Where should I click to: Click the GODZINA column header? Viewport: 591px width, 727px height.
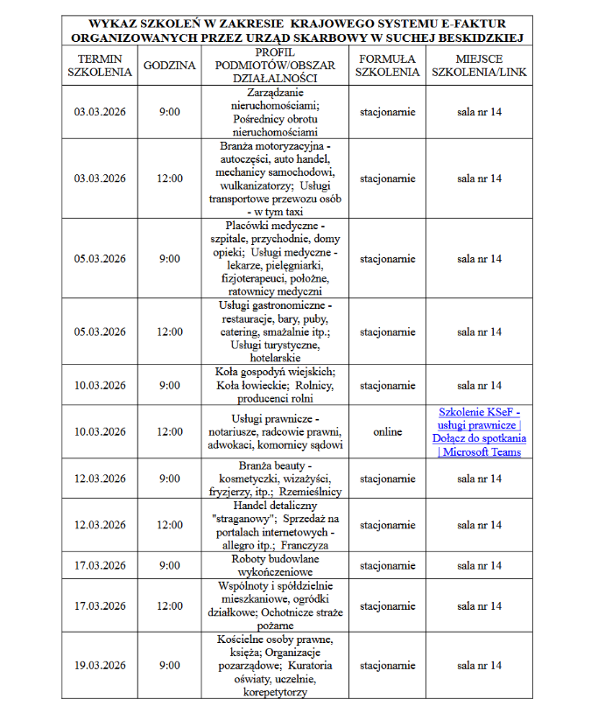(x=169, y=66)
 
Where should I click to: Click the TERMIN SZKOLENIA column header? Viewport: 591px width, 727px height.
(x=99, y=66)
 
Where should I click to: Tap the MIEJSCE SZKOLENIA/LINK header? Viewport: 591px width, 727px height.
(x=479, y=66)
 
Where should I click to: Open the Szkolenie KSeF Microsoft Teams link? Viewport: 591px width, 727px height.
(x=479, y=432)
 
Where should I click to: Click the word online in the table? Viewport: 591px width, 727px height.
(x=387, y=432)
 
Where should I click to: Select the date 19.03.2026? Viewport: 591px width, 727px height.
(x=99, y=666)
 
